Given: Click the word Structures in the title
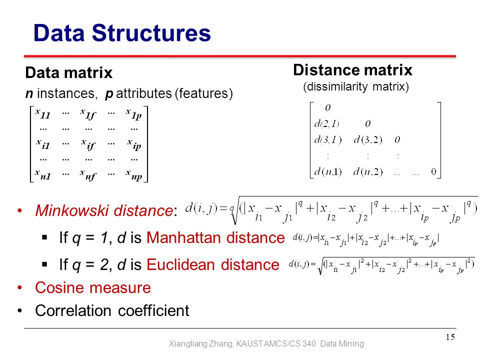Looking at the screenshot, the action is point(151,33).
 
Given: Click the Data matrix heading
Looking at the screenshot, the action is point(69,73).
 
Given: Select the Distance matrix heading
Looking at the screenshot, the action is point(352,70).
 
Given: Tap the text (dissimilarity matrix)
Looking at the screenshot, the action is point(356,86).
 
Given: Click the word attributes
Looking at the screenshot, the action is point(144,93).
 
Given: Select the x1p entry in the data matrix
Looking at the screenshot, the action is point(134,113).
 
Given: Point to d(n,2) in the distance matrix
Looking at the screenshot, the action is point(368,171).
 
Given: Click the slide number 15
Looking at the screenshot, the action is point(450,337).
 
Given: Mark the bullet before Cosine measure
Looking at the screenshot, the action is point(20,287).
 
